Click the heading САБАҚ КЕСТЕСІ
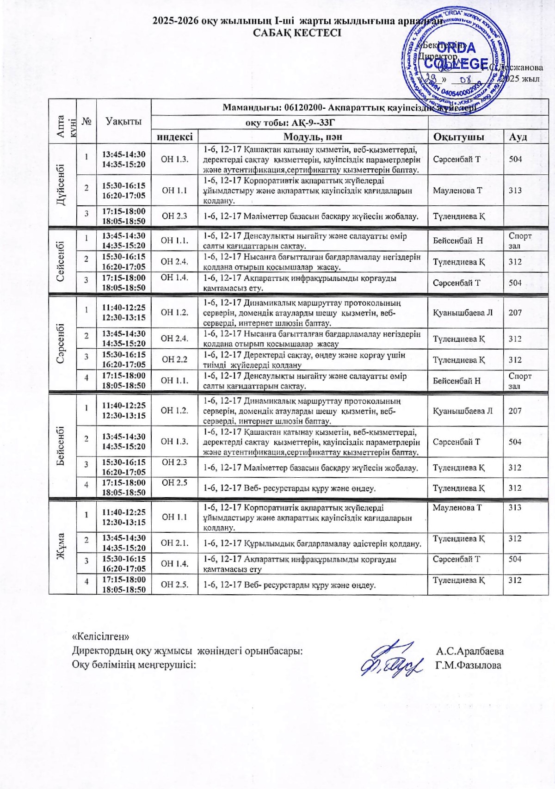coord(297,33)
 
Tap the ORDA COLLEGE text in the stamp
coord(456,55)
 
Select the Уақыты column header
coord(123,121)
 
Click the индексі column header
coord(174,136)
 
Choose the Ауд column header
coord(518,136)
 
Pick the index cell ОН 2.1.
coord(174,543)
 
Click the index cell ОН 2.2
coord(174,359)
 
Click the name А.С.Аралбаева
coord(470,651)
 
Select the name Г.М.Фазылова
coord(468,665)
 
